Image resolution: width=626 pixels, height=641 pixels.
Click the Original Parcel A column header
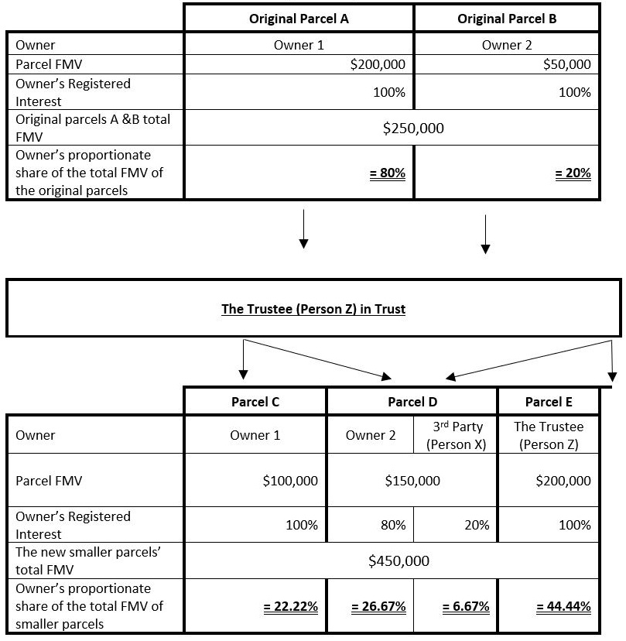pyautogui.click(x=299, y=19)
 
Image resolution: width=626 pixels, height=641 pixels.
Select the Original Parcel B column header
pyautogui.click(x=507, y=19)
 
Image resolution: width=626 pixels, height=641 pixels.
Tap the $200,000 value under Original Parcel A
pyautogui.click(x=378, y=64)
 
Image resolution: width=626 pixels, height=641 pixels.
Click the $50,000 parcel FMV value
pyautogui.click(x=567, y=64)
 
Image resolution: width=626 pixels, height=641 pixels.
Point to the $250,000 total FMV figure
pyautogui.click(x=413, y=128)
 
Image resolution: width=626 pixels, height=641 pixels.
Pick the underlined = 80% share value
pyautogui.click(x=388, y=173)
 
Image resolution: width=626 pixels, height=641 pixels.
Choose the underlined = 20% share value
pyautogui.click(x=573, y=173)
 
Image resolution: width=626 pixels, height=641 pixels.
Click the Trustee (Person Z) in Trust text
pyautogui.click(x=313, y=309)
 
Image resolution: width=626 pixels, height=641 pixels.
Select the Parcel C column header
pyautogui.click(x=255, y=401)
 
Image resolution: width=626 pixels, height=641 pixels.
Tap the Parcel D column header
pyautogui.click(x=412, y=401)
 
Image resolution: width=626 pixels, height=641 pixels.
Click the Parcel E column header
pyautogui.click(x=549, y=401)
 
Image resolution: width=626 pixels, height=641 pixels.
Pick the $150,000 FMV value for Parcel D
pyautogui.click(x=412, y=481)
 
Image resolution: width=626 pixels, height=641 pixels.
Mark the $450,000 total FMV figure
pyautogui.click(x=399, y=560)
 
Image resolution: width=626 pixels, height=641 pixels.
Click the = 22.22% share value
pyautogui.click(x=291, y=606)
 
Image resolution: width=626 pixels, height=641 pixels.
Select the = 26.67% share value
pyautogui.click(x=378, y=606)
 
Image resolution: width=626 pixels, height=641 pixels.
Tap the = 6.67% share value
pyautogui.click(x=466, y=606)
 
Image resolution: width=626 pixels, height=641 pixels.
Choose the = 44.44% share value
pyautogui.click(x=563, y=606)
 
